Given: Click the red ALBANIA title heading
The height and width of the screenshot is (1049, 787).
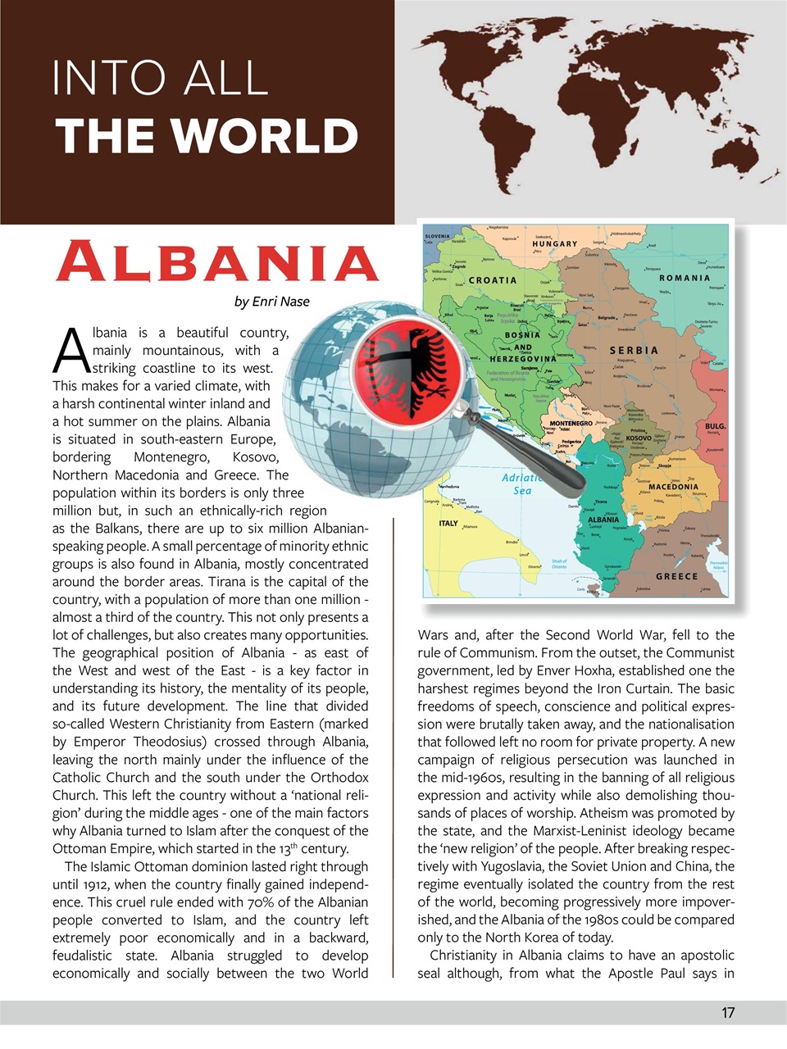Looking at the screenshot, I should click(217, 262).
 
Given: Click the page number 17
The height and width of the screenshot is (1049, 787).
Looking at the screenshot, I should click(728, 1013).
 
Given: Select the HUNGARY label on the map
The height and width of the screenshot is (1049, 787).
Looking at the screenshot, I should click(555, 244).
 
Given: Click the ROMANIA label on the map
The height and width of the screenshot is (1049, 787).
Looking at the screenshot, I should click(685, 279).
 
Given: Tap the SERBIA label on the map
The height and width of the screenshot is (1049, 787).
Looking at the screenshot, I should click(634, 350).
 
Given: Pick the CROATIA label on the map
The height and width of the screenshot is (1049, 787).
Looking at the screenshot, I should click(493, 280).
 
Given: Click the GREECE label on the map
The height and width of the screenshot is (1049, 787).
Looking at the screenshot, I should click(676, 576).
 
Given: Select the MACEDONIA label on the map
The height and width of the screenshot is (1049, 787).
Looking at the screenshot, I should click(673, 487).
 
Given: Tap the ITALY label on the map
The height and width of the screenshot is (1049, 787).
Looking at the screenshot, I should click(448, 523).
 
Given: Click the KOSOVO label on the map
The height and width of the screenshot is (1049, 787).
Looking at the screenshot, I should click(639, 438).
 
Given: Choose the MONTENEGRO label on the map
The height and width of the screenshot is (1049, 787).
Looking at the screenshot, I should click(571, 424).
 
